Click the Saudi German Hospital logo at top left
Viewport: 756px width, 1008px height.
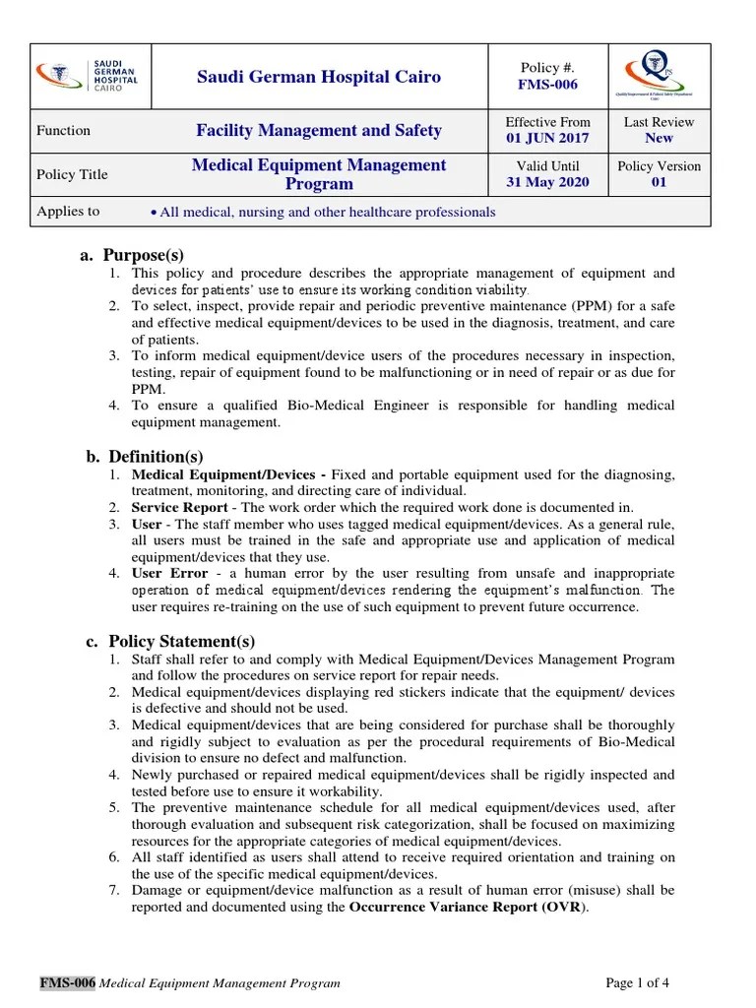(87, 76)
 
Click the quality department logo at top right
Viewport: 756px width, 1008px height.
(659, 76)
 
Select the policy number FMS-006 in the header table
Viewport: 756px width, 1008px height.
(547, 85)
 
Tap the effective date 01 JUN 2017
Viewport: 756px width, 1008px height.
(547, 139)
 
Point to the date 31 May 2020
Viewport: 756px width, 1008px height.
(547, 183)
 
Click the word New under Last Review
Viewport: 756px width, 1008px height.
(659, 139)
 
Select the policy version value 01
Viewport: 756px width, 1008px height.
(659, 183)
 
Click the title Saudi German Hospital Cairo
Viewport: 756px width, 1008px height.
(319, 77)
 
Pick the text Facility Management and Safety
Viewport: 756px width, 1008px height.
(319, 130)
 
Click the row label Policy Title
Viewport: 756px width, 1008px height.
(72, 174)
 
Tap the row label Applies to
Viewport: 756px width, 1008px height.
(68, 212)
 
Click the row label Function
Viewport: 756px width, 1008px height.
(63, 130)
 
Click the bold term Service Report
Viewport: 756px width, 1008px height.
(179, 508)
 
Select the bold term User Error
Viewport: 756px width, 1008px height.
(169, 573)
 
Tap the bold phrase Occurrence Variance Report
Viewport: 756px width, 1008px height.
(441, 907)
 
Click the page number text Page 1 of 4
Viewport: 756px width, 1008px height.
(638, 982)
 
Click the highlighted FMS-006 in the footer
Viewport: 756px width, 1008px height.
(67, 982)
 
